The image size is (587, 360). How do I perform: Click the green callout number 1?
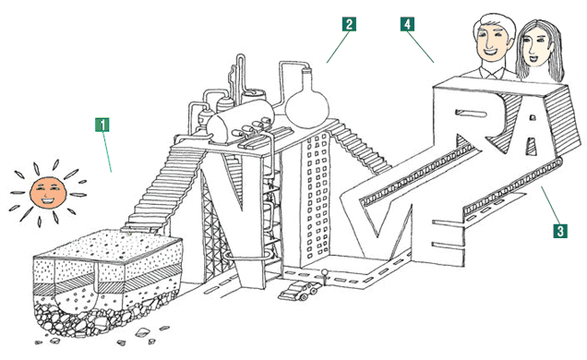(x=102, y=125)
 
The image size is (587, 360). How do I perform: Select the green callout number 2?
(x=349, y=24)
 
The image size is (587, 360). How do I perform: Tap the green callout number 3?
(x=559, y=231)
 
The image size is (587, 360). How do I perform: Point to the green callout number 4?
(x=407, y=24)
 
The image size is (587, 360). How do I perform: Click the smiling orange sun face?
(x=48, y=193)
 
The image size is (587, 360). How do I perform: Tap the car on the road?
(x=299, y=291)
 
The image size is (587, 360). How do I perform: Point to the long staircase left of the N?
(x=164, y=187)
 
